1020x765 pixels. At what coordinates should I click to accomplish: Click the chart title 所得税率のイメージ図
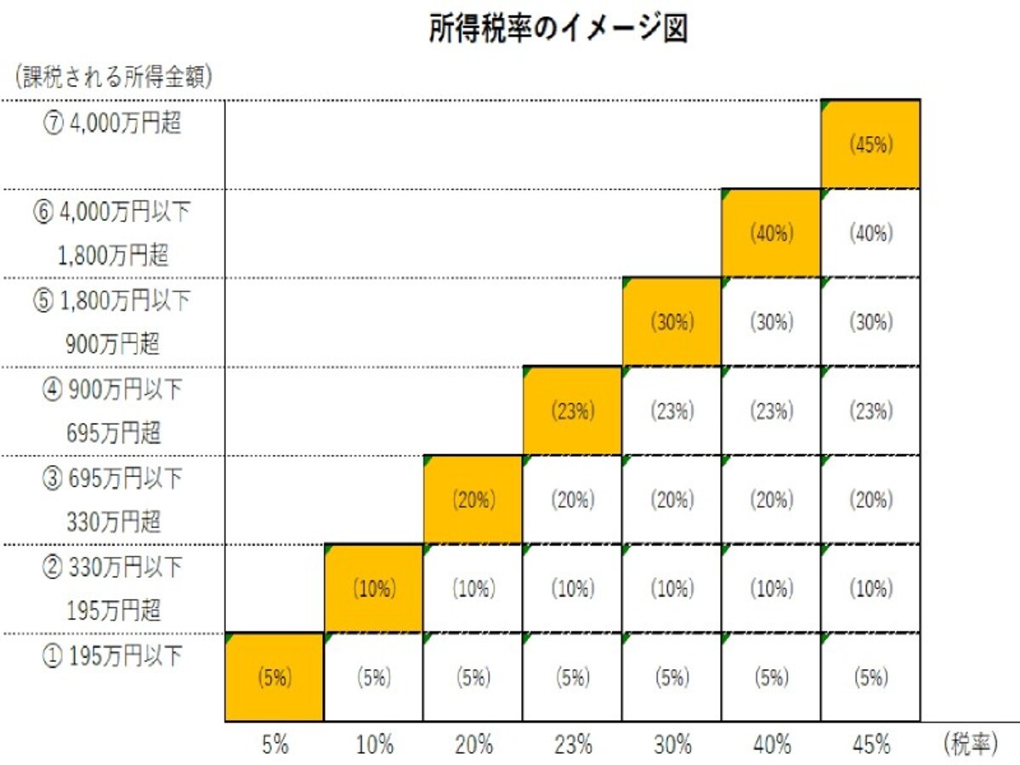[558, 29]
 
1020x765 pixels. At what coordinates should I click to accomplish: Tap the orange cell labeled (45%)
[870, 144]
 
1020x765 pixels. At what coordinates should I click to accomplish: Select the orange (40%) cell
[771, 233]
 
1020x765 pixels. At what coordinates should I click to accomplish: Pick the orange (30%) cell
[672, 322]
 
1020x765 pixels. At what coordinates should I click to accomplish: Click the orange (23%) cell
[573, 411]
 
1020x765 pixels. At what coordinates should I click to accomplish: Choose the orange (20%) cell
[473, 500]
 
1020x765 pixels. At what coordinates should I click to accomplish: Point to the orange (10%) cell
[374, 588]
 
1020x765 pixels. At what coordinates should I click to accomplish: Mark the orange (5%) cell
[275, 677]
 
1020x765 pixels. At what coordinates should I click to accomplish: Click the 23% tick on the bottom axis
[573, 745]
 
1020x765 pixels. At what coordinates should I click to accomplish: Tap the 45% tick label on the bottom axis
[871, 745]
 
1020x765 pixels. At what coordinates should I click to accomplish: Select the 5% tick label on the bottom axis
[275, 745]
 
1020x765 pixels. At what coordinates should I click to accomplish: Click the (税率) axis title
[971, 744]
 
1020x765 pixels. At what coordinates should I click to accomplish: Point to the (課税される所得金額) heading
[113, 76]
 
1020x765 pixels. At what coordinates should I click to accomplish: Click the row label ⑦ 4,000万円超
[112, 123]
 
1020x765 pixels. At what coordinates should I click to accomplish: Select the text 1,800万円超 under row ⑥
[113, 255]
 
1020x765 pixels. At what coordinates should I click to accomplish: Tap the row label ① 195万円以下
[112, 656]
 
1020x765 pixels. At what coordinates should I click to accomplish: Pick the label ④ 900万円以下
[112, 389]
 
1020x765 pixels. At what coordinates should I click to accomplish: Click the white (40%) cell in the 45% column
[871, 233]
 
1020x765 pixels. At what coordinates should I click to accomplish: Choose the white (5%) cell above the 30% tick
[672, 677]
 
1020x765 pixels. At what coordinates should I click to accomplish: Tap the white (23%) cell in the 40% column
[772, 411]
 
